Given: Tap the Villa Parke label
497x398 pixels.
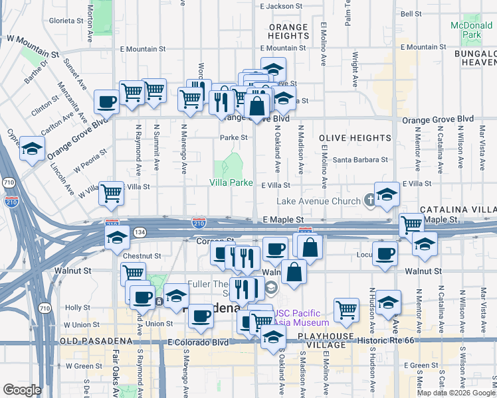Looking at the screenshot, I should click(231, 182).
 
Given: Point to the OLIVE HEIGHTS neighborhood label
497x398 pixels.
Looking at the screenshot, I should click(355, 138).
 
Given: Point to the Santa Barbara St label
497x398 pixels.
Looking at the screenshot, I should click(360, 160).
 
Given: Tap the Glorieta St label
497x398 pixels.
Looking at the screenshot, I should click(59, 21).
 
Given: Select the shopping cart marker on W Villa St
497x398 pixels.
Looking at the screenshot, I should click(112, 193).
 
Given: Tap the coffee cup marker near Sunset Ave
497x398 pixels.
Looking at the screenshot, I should click(106, 102).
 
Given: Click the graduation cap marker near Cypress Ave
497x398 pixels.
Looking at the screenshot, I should click(31, 149).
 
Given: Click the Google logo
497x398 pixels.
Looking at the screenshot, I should click(22, 390).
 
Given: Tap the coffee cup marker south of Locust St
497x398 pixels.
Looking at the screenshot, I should click(384, 253).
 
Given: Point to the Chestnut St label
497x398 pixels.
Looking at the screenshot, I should click(142, 255).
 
